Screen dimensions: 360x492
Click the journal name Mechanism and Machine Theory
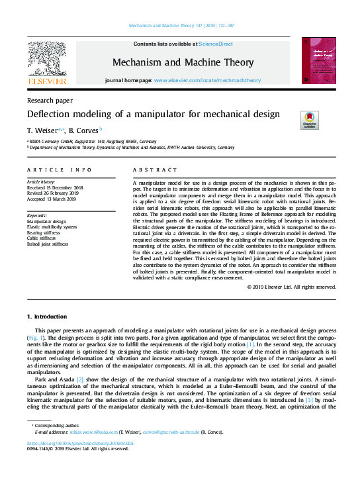click(183, 62)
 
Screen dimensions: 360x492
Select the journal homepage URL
click(207, 80)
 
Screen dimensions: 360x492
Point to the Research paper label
click(50, 101)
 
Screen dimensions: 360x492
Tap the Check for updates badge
click(309, 120)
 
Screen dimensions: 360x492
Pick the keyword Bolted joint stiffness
click(47, 244)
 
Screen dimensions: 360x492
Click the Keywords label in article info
click(37, 216)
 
